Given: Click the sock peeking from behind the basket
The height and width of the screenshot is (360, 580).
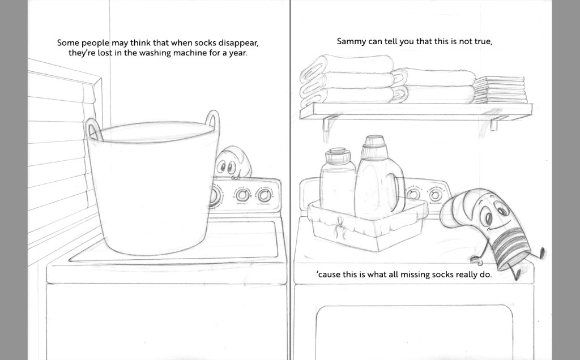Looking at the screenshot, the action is tap(232, 162).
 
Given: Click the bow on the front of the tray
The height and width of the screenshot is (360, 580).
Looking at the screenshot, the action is tap(339, 226).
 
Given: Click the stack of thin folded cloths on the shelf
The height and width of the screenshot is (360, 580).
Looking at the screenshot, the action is tap(501, 90).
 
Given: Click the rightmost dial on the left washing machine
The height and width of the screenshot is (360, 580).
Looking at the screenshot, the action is tap(264, 195).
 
